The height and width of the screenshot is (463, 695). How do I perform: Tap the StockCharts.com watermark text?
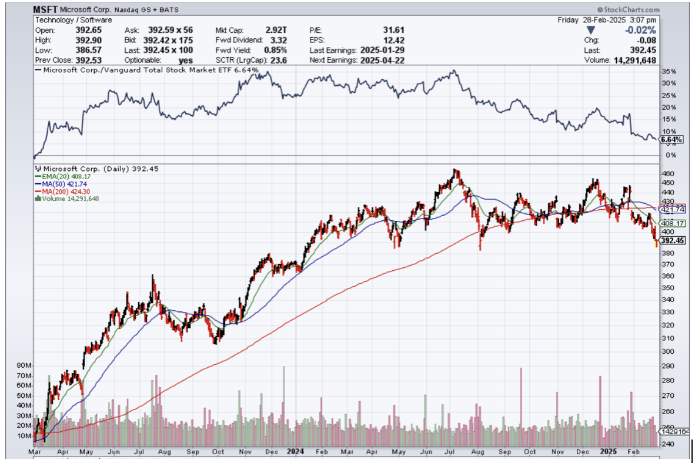[629, 10]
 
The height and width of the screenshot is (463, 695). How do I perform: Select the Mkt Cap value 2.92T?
[276, 29]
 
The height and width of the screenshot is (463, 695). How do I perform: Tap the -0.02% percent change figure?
[642, 29]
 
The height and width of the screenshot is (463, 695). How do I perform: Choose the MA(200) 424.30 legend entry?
[63, 191]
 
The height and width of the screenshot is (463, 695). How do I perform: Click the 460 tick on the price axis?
[667, 174]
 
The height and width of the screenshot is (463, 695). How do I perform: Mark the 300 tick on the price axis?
[667, 351]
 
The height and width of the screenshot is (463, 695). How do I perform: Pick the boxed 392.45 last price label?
[670, 240]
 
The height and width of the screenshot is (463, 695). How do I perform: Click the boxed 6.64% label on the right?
[671, 140]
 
